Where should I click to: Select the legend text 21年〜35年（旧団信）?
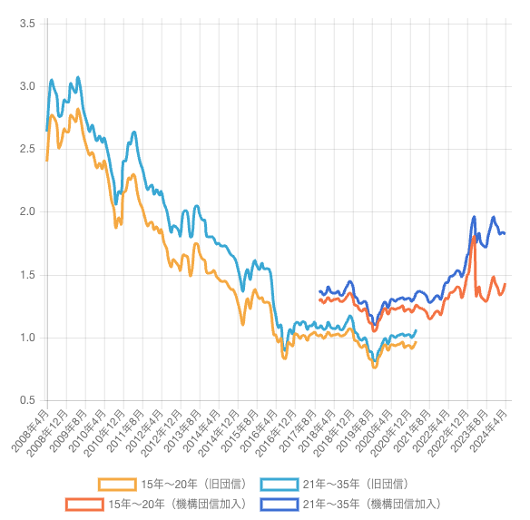click(x=354, y=484)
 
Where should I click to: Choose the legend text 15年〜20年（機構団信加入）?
click(x=176, y=504)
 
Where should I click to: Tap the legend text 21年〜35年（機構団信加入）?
click(x=371, y=504)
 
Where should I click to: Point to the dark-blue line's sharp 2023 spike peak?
click(x=474, y=217)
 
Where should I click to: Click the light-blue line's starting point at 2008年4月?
click(x=46, y=131)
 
